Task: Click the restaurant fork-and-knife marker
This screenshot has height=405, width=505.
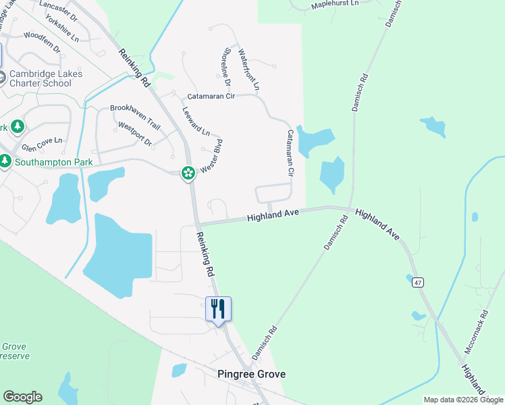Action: pos(218,309)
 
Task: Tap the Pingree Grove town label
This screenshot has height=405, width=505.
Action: pos(251,374)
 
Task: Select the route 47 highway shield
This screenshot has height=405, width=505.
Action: pos(419,283)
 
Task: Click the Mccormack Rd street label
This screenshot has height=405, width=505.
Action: pos(477,332)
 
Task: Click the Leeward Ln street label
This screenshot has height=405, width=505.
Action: pos(196,120)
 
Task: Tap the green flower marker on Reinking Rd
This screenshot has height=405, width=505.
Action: pos(188,173)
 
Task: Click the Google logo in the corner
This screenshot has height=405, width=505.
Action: pos(22,397)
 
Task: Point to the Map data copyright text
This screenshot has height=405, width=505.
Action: pos(463,400)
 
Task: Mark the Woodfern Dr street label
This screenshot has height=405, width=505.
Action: pos(42,40)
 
